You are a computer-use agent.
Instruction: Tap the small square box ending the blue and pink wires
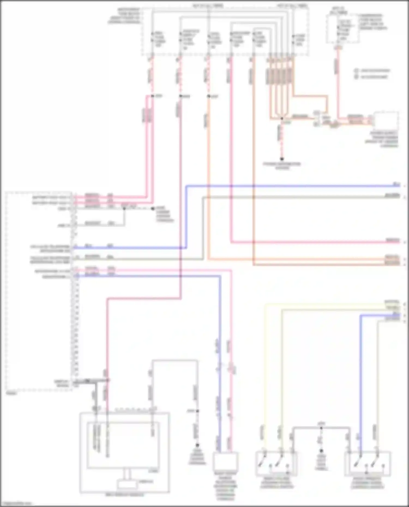pyautogui.click(x=225, y=460)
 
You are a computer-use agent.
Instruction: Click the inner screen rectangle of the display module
pyautogui.click(x=123, y=445)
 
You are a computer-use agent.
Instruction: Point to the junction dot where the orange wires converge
pyautogui.click(x=282, y=119)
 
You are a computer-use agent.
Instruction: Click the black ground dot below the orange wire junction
pyautogui.click(x=282, y=159)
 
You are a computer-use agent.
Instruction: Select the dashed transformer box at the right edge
pyautogui.click(x=386, y=121)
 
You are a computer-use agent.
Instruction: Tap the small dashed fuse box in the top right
pyautogui.click(x=342, y=29)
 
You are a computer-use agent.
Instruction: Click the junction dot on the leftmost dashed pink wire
pyautogui.click(x=152, y=96)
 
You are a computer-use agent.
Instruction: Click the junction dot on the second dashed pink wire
pyautogui.click(x=181, y=96)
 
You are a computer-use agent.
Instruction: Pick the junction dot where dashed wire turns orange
pyautogui.click(x=209, y=96)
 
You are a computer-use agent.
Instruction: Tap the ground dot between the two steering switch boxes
pyautogui.click(x=321, y=451)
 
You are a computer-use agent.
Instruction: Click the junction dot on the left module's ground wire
pyautogui.click(x=124, y=208)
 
